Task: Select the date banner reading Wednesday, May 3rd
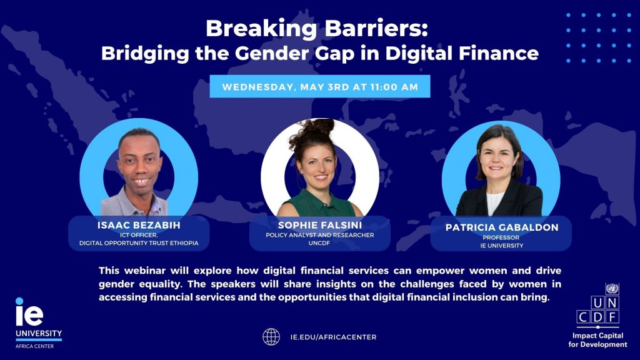[x=320, y=86]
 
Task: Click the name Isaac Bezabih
[x=139, y=225]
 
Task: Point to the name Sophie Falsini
[x=320, y=225]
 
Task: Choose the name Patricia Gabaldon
[x=502, y=227]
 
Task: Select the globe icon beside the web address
[x=271, y=337]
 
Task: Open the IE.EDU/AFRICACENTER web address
[x=334, y=337]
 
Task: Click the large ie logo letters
[x=29, y=312]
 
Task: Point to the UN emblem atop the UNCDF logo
[x=612, y=289]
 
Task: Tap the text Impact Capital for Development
[x=597, y=340]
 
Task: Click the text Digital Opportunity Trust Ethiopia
[x=139, y=243]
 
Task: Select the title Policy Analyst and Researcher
[x=320, y=235]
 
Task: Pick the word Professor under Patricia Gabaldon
[x=501, y=237]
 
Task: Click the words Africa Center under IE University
[x=35, y=346]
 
